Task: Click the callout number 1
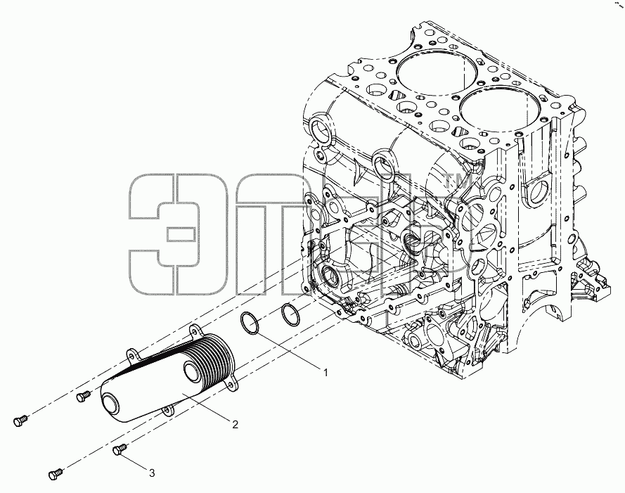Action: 326,373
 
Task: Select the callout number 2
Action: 235,424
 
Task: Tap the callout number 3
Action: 151,473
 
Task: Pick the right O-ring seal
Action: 290,314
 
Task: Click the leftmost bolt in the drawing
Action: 20,421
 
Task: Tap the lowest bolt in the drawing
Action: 56,474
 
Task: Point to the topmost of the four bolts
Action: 83,396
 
